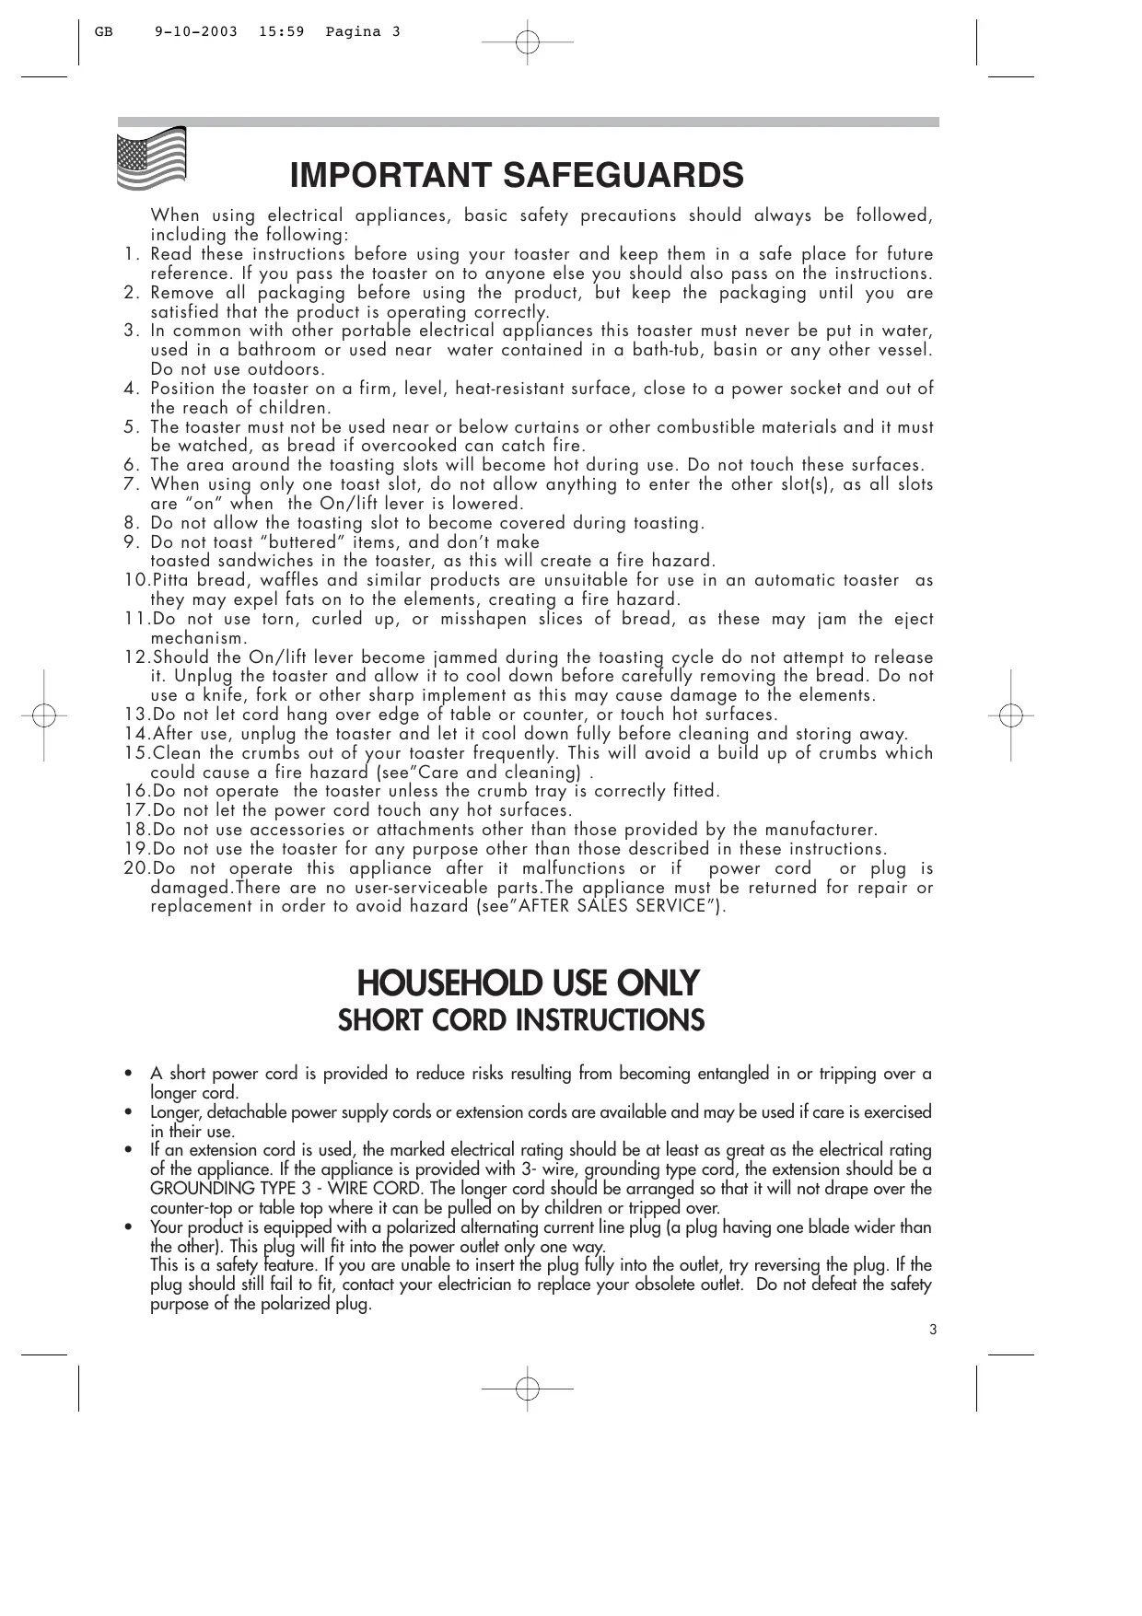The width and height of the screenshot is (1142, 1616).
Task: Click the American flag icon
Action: point(152,159)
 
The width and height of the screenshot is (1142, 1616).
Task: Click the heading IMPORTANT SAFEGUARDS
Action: point(517,175)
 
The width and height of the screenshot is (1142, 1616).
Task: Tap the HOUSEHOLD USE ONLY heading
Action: point(528,983)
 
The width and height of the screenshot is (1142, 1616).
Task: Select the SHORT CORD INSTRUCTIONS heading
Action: point(521,1021)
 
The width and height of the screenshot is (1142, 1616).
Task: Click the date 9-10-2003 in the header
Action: point(196,32)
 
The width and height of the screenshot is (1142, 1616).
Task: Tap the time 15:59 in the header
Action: point(282,32)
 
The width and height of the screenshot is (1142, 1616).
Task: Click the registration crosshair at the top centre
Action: point(527,41)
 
